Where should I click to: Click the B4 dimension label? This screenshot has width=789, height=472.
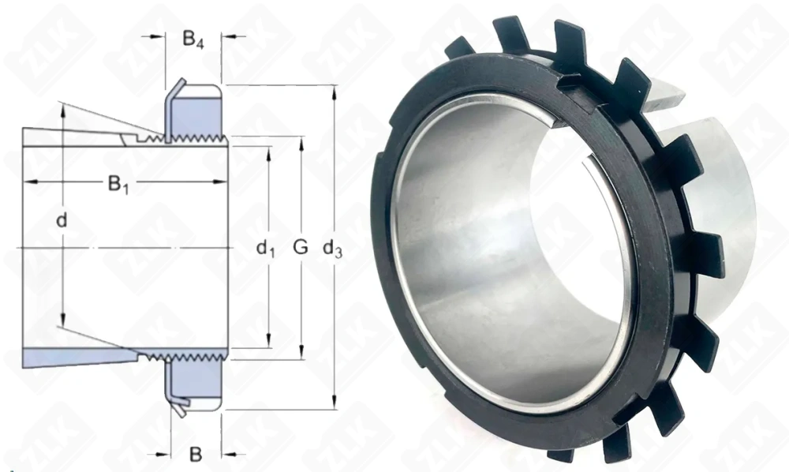[x=193, y=39]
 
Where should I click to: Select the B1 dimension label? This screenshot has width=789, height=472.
[x=119, y=185]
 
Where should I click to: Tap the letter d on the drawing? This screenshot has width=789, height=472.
[x=62, y=220]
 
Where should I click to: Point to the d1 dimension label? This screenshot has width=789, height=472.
[x=265, y=247]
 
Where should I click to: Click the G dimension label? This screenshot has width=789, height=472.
[x=300, y=246]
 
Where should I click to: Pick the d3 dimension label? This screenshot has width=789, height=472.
[x=332, y=248]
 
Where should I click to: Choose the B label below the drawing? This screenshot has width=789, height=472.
[x=195, y=454]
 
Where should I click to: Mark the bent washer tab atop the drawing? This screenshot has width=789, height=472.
[x=174, y=94]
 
